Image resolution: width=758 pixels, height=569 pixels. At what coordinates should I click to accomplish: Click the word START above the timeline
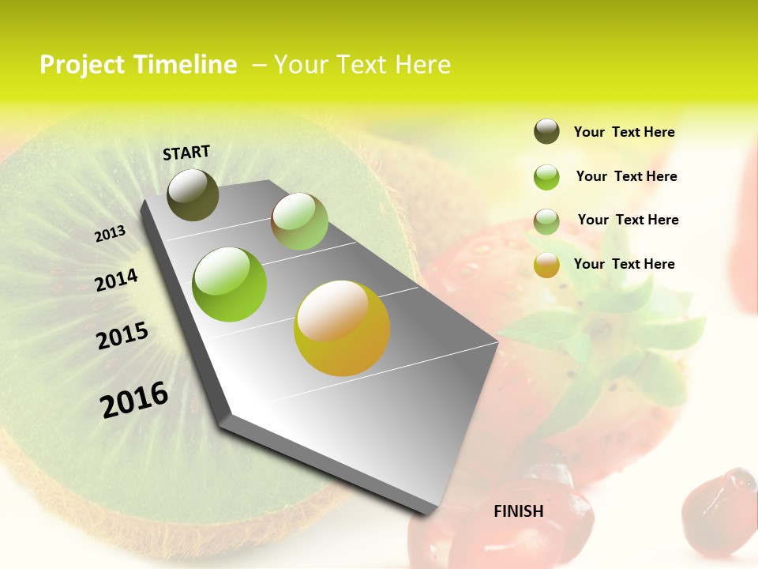coord(186,153)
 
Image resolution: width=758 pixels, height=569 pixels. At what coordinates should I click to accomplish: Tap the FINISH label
coord(518,511)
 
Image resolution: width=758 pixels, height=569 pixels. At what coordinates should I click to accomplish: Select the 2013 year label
coord(110,234)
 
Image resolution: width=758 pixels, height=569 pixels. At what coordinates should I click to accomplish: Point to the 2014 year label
coord(116,280)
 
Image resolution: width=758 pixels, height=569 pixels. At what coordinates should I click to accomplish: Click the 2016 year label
coord(134,400)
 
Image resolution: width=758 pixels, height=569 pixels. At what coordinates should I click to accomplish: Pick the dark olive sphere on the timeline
coord(193,194)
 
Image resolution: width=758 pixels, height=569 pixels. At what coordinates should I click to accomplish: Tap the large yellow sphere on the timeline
coord(342,328)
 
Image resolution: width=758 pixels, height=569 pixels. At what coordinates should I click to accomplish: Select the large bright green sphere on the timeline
coord(230,284)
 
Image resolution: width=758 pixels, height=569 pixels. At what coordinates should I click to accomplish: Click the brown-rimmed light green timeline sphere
coord(299,221)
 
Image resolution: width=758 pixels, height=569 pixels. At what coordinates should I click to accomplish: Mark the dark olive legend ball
coord(546,132)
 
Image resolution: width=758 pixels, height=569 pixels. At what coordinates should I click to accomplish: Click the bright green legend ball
coord(546,177)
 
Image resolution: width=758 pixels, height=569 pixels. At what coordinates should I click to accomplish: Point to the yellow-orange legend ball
coord(546,265)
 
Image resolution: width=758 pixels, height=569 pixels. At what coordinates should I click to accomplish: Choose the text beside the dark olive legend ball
coord(624,132)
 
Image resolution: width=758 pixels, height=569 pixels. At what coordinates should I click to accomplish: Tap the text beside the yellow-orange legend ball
coord(624,264)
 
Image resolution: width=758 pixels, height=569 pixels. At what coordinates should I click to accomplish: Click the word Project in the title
coord(82,65)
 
